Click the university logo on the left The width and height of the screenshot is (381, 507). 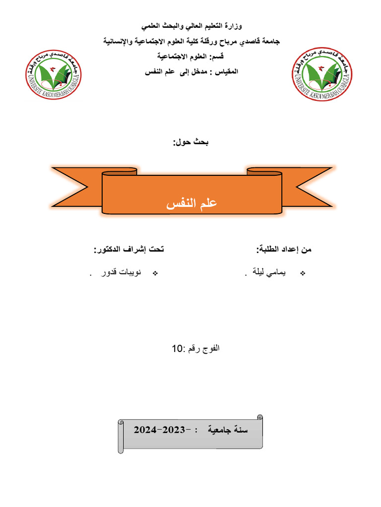pyautogui.click(x=54, y=74)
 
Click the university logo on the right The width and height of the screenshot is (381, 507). pyautogui.click(x=322, y=74)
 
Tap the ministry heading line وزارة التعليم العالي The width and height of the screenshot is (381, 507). pyautogui.click(x=193, y=25)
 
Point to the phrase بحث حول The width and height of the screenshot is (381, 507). pyautogui.click(x=191, y=143)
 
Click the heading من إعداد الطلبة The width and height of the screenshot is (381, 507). pyautogui.click(x=284, y=250)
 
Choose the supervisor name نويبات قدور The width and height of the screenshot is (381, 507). pyautogui.click(x=118, y=274)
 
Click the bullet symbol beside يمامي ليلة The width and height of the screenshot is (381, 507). pyautogui.click(x=303, y=274)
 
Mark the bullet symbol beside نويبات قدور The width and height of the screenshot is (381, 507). pyautogui.click(x=154, y=274)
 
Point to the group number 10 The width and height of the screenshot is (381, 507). pyautogui.click(x=177, y=349)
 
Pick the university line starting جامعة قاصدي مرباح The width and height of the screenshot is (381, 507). pyautogui.click(x=192, y=41)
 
